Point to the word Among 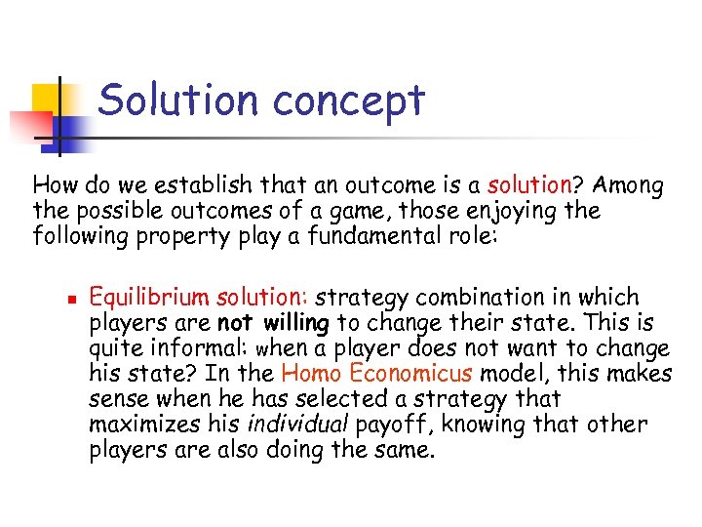tap(628, 185)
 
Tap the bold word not tap(235, 323)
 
